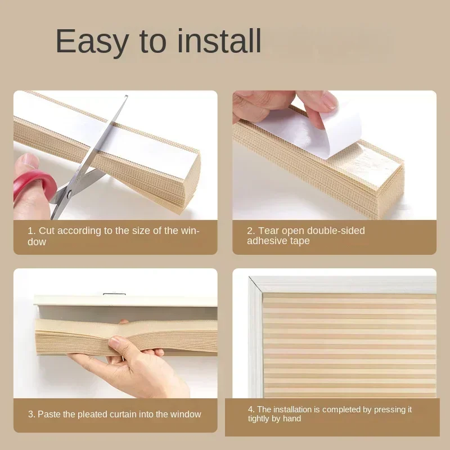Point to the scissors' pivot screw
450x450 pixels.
tap(69, 193)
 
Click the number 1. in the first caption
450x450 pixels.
tap(31, 231)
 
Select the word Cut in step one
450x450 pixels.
tap(47, 231)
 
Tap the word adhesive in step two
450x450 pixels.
tap(268, 241)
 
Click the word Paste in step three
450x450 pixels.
tap(50, 414)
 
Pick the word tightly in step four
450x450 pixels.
tap(260, 418)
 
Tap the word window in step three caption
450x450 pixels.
tap(187, 414)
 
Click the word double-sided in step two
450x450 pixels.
tap(339, 231)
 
